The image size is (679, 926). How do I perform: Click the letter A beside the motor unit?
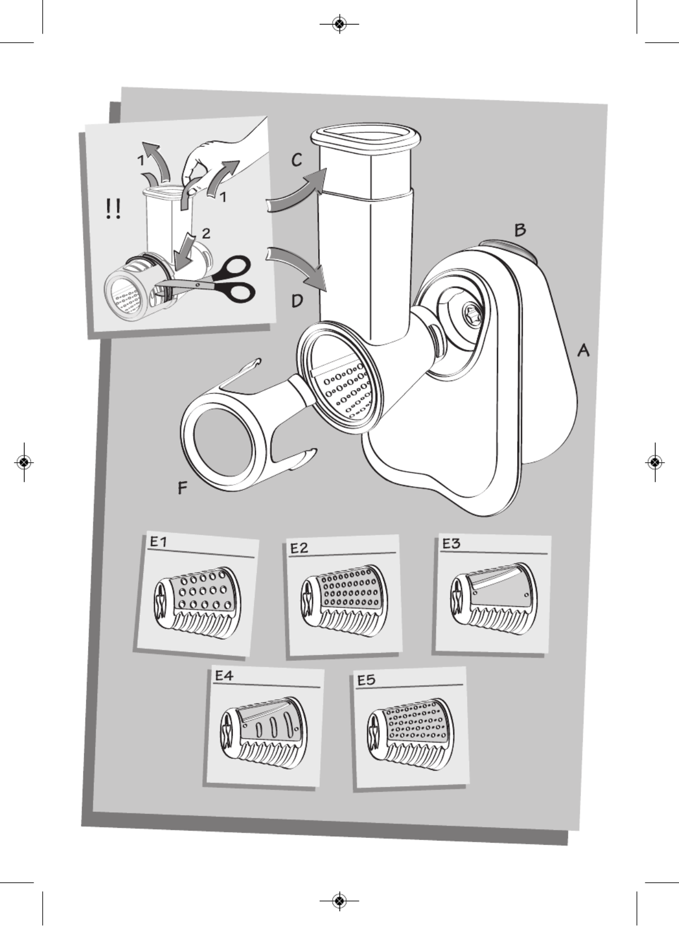click(x=583, y=351)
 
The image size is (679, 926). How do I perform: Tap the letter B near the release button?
click(x=520, y=230)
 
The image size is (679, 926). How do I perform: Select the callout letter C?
click(x=297, y=160)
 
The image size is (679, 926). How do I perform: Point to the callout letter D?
click(x=297, y=301)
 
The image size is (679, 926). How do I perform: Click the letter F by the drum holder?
click(x=183, y=487)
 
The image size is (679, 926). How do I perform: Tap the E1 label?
click(x=158, y=542)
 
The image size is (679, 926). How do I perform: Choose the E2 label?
click(x=299, y=548)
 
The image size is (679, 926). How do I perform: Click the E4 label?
click(x=224, y=675)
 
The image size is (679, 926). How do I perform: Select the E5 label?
click(x=366, y=680)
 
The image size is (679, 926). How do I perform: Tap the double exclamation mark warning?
click(x=113, y=209)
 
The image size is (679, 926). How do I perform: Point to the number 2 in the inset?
click(x=206, y=233)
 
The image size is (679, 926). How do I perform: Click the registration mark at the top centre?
click(x=339, y=23)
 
